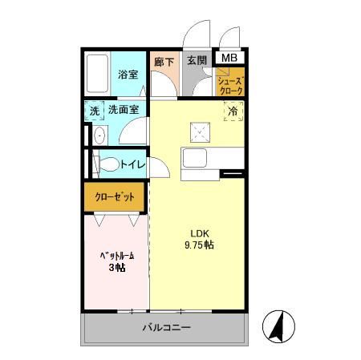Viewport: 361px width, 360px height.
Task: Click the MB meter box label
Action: [x=229, y=58]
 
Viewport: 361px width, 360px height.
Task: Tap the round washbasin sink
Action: [x=98, y=136]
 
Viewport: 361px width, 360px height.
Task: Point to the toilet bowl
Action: [x=104, y=164]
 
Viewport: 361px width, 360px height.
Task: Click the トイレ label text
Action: [x=132, y=164]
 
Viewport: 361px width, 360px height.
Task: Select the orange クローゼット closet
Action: [x=116, y=196]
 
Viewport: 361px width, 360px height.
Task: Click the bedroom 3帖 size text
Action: [x=116, y=268]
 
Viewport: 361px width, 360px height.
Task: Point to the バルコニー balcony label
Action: [x=166, y=327]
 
